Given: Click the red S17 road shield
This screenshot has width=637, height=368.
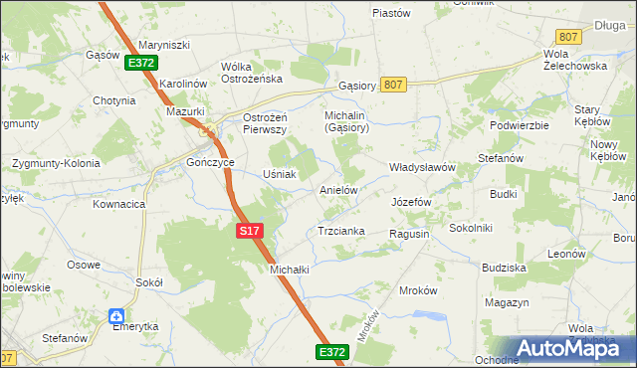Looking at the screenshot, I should coord(249,231).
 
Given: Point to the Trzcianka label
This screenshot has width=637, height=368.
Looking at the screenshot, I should coord(341,231).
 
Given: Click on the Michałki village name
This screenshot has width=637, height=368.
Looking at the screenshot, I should coord(289,270).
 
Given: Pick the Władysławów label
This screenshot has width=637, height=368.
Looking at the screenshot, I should coord(421,167).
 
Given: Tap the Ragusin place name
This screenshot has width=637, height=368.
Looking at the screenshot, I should coord(409,233).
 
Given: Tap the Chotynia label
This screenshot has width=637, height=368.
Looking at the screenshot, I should coord(113,100).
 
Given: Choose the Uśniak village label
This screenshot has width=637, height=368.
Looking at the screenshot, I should coord(279,174).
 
